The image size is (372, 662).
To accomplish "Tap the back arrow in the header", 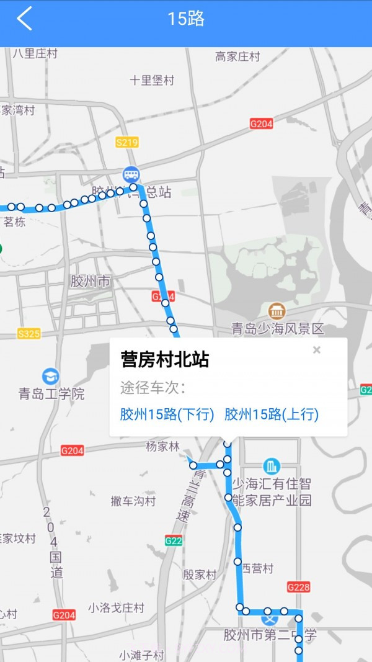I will click(24, 19).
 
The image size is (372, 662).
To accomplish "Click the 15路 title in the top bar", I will click(186, 19).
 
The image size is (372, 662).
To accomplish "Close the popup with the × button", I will click(317, 350).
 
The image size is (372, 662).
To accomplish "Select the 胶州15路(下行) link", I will click(167, 414).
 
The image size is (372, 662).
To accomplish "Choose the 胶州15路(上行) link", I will click(272, 414).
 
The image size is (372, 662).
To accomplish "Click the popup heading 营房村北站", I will click(164, 360).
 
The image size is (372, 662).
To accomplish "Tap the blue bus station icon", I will click(131, 174).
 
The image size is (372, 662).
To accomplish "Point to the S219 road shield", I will click(126, 143).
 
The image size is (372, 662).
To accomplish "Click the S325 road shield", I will click(29, 334).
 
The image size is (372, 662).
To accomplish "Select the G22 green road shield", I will click(174, 541).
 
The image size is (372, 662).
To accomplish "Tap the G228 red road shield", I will click(298, 586).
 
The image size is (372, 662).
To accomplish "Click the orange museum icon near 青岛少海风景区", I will click(277, 311).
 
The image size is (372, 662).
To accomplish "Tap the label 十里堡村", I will click(152, 80).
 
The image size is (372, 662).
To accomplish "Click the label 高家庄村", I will click(237, 56).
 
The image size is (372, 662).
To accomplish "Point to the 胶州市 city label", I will click(90, 281).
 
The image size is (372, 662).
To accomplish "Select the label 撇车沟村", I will click(133, 501).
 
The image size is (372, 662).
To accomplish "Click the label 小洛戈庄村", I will click(116, 607).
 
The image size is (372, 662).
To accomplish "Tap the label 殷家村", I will click(200, 575).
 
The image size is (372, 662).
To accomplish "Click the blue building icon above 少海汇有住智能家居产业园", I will click(271, 466).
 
